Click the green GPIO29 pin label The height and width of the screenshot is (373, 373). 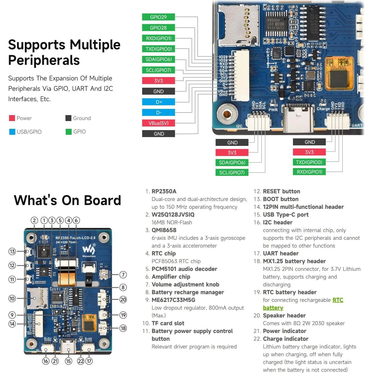(x=158, y=17)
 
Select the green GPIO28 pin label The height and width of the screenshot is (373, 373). (x=158, y=28)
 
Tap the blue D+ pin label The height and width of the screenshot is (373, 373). (x=158, y=102)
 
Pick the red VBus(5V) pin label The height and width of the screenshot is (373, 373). (x=158, y=123)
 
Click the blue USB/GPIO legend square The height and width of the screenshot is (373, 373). (x=12, y=132)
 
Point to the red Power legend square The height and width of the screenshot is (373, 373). (x=12, y=118)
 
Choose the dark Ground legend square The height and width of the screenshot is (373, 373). (x=68, y=118)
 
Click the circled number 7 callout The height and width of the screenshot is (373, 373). (x=123, y=274)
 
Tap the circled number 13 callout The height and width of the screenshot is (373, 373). (x=12, y=251)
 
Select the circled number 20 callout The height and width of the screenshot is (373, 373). (x=123, y=300)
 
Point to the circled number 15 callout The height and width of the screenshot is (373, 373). (x=68, y=361)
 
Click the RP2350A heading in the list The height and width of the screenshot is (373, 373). (x=164, y=191)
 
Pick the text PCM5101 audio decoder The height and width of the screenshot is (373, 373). (x=184, y=269)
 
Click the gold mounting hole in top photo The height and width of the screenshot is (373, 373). (x=227, y=114)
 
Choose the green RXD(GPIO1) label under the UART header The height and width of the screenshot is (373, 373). (x=309, y=172)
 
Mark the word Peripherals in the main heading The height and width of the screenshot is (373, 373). (x=44, y=60)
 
